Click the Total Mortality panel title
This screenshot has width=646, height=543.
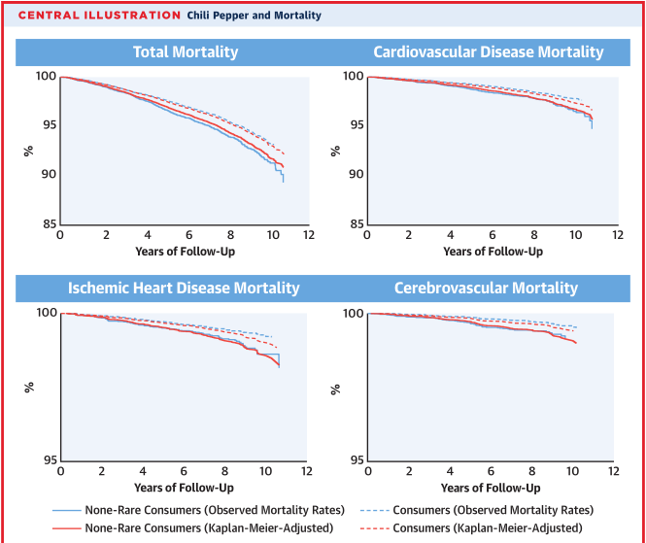tap(185, 52)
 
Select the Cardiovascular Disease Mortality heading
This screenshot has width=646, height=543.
tap(489, 52)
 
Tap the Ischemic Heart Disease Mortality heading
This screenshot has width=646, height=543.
tap(184, 288)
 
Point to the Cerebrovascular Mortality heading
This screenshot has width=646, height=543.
tap(486, 288)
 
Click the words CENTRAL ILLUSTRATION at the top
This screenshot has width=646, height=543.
tap(99, 16)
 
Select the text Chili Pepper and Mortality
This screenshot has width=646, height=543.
tap(255, 16)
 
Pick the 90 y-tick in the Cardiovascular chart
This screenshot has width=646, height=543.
tap(355, 175)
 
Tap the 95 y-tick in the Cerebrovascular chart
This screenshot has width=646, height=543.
tap(355, 460)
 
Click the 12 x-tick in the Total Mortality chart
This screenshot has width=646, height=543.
tap(308, 236)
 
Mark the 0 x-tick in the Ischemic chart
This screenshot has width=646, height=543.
tap(60, 472)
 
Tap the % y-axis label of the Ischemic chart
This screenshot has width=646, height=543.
tap(29, 389)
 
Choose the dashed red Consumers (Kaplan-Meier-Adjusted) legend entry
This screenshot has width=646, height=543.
tap(487, 527)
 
